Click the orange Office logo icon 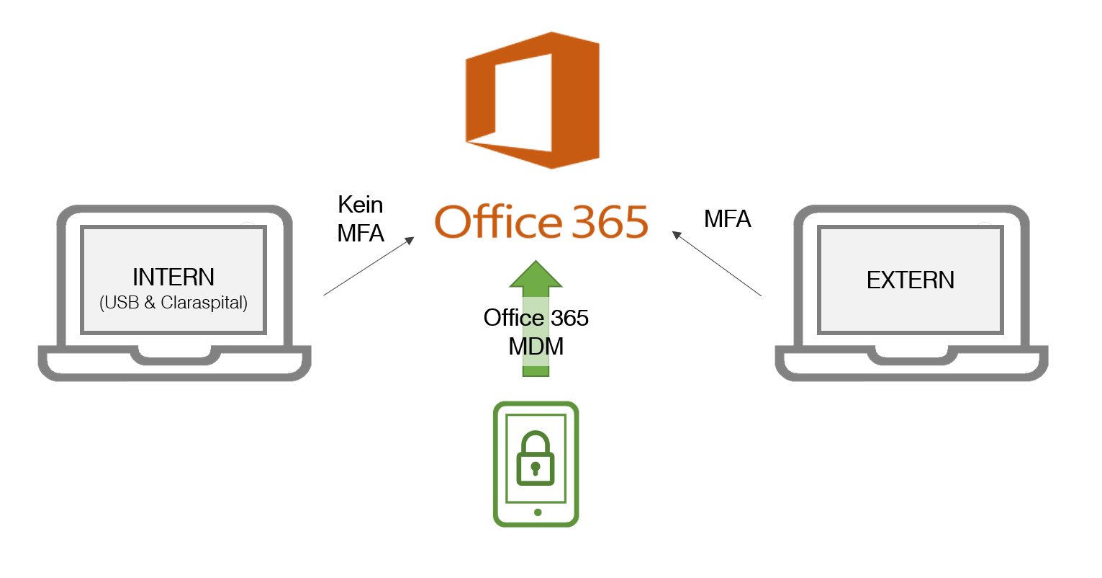pyautogui.click(x=532, y=100)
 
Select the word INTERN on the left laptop pyautogui.click(x=173, y=277)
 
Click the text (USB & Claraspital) pyautogui.click(x=173, y=303)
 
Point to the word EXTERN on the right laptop pyautogui.click(x=911, y=280)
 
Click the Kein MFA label pyautogui.click(x=361, y=219)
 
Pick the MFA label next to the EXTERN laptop pyautogui.click(x=727, y=219)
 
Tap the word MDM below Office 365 pyautogui.click(x=536, y=347)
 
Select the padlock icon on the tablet pyautogui.click(x=536, y=459)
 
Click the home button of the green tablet pyautogui.click(x=537, y=512)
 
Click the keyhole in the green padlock pyautogui.click(x=536, y=469)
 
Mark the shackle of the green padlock pyautogui.click(x=536, y=443)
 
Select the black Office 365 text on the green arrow pyautogui.click(x=536, y=318)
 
